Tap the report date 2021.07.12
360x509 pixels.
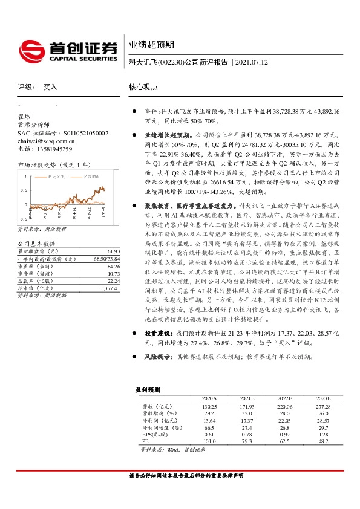251,62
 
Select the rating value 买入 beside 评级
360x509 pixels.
50,86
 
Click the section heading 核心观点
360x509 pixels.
143,86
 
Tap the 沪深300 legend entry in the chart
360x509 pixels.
93,177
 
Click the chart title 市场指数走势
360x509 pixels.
37,164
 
